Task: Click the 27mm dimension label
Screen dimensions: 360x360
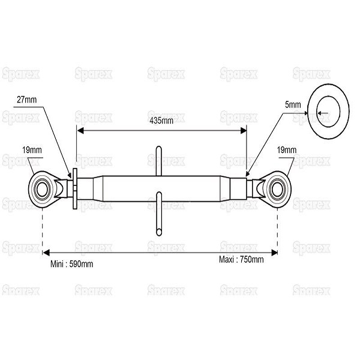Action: [x=26, y=100]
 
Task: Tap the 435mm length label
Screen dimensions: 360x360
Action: [x=161, y=121]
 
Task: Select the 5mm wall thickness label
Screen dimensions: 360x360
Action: [x=293, y=104]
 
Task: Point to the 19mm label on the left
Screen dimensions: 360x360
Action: [x=32, y=150]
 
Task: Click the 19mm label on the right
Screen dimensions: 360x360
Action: [x=287, y=150]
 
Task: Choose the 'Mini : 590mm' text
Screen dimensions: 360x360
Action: [x=71, y=264]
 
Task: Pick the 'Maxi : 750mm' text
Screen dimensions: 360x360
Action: [x=241, y=260]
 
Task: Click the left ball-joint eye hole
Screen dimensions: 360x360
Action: [x=42, y=190]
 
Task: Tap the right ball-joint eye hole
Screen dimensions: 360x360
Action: [x=278, y=190]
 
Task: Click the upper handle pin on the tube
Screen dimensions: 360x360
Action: [x=158, y=161]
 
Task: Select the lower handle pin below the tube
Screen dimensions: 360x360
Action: [x=159, y=214]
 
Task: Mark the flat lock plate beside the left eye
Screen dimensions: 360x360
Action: [x=75, y=189]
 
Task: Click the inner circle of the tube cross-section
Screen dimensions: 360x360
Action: [x=328, y=112]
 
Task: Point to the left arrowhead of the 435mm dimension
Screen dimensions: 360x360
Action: [x=80, y=131]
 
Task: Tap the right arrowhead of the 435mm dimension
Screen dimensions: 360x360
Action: [x=243, y=131]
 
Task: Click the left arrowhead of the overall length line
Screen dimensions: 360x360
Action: [x=46, y=253]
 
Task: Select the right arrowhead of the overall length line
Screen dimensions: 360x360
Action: [x=274, y=253]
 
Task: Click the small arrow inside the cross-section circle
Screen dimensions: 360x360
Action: [x=323, y=113]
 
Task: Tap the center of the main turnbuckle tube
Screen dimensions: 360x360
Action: [x=161, y=189]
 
